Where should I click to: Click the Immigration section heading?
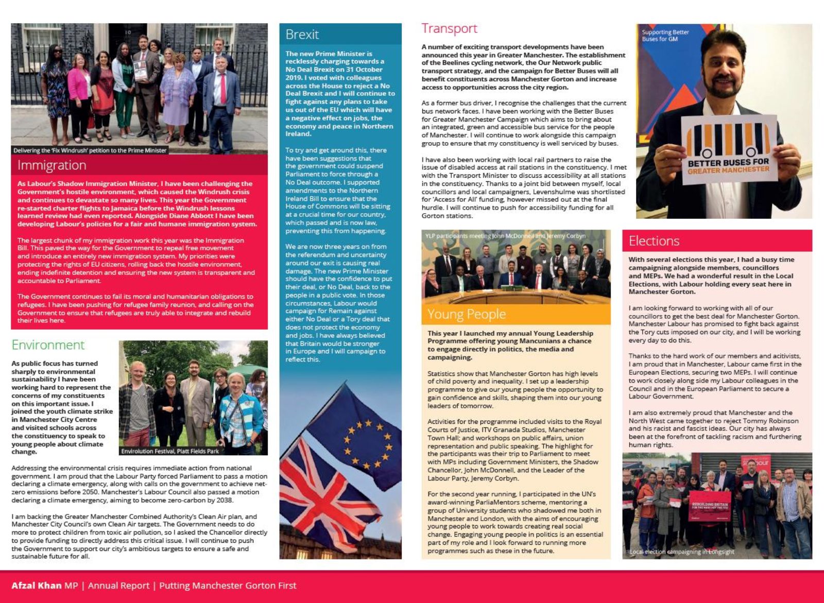tap(51, 165)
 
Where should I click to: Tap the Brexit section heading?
tap(302, 35)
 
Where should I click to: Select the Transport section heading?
tap(449, 28)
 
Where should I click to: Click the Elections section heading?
tap(654, 241)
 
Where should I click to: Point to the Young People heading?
tap(466, 314)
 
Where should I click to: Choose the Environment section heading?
tap(48, 345)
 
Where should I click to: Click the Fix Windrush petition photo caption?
tap(90, 150)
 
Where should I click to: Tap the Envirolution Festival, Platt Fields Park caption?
tap(170, 451)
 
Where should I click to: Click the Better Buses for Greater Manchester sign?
tap(728, 149)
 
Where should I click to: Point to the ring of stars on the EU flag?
tap(367, 441)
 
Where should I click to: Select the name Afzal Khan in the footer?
tap(36, 585)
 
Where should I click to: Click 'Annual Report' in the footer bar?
tap(118, 585)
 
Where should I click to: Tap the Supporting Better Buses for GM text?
tap(665, 36)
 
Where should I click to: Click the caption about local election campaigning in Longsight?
tap(682, 552)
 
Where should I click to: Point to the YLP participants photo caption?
tap(505, 236)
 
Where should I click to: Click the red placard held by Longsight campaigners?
tap(709, 506)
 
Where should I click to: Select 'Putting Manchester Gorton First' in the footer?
tap(228, 585)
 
